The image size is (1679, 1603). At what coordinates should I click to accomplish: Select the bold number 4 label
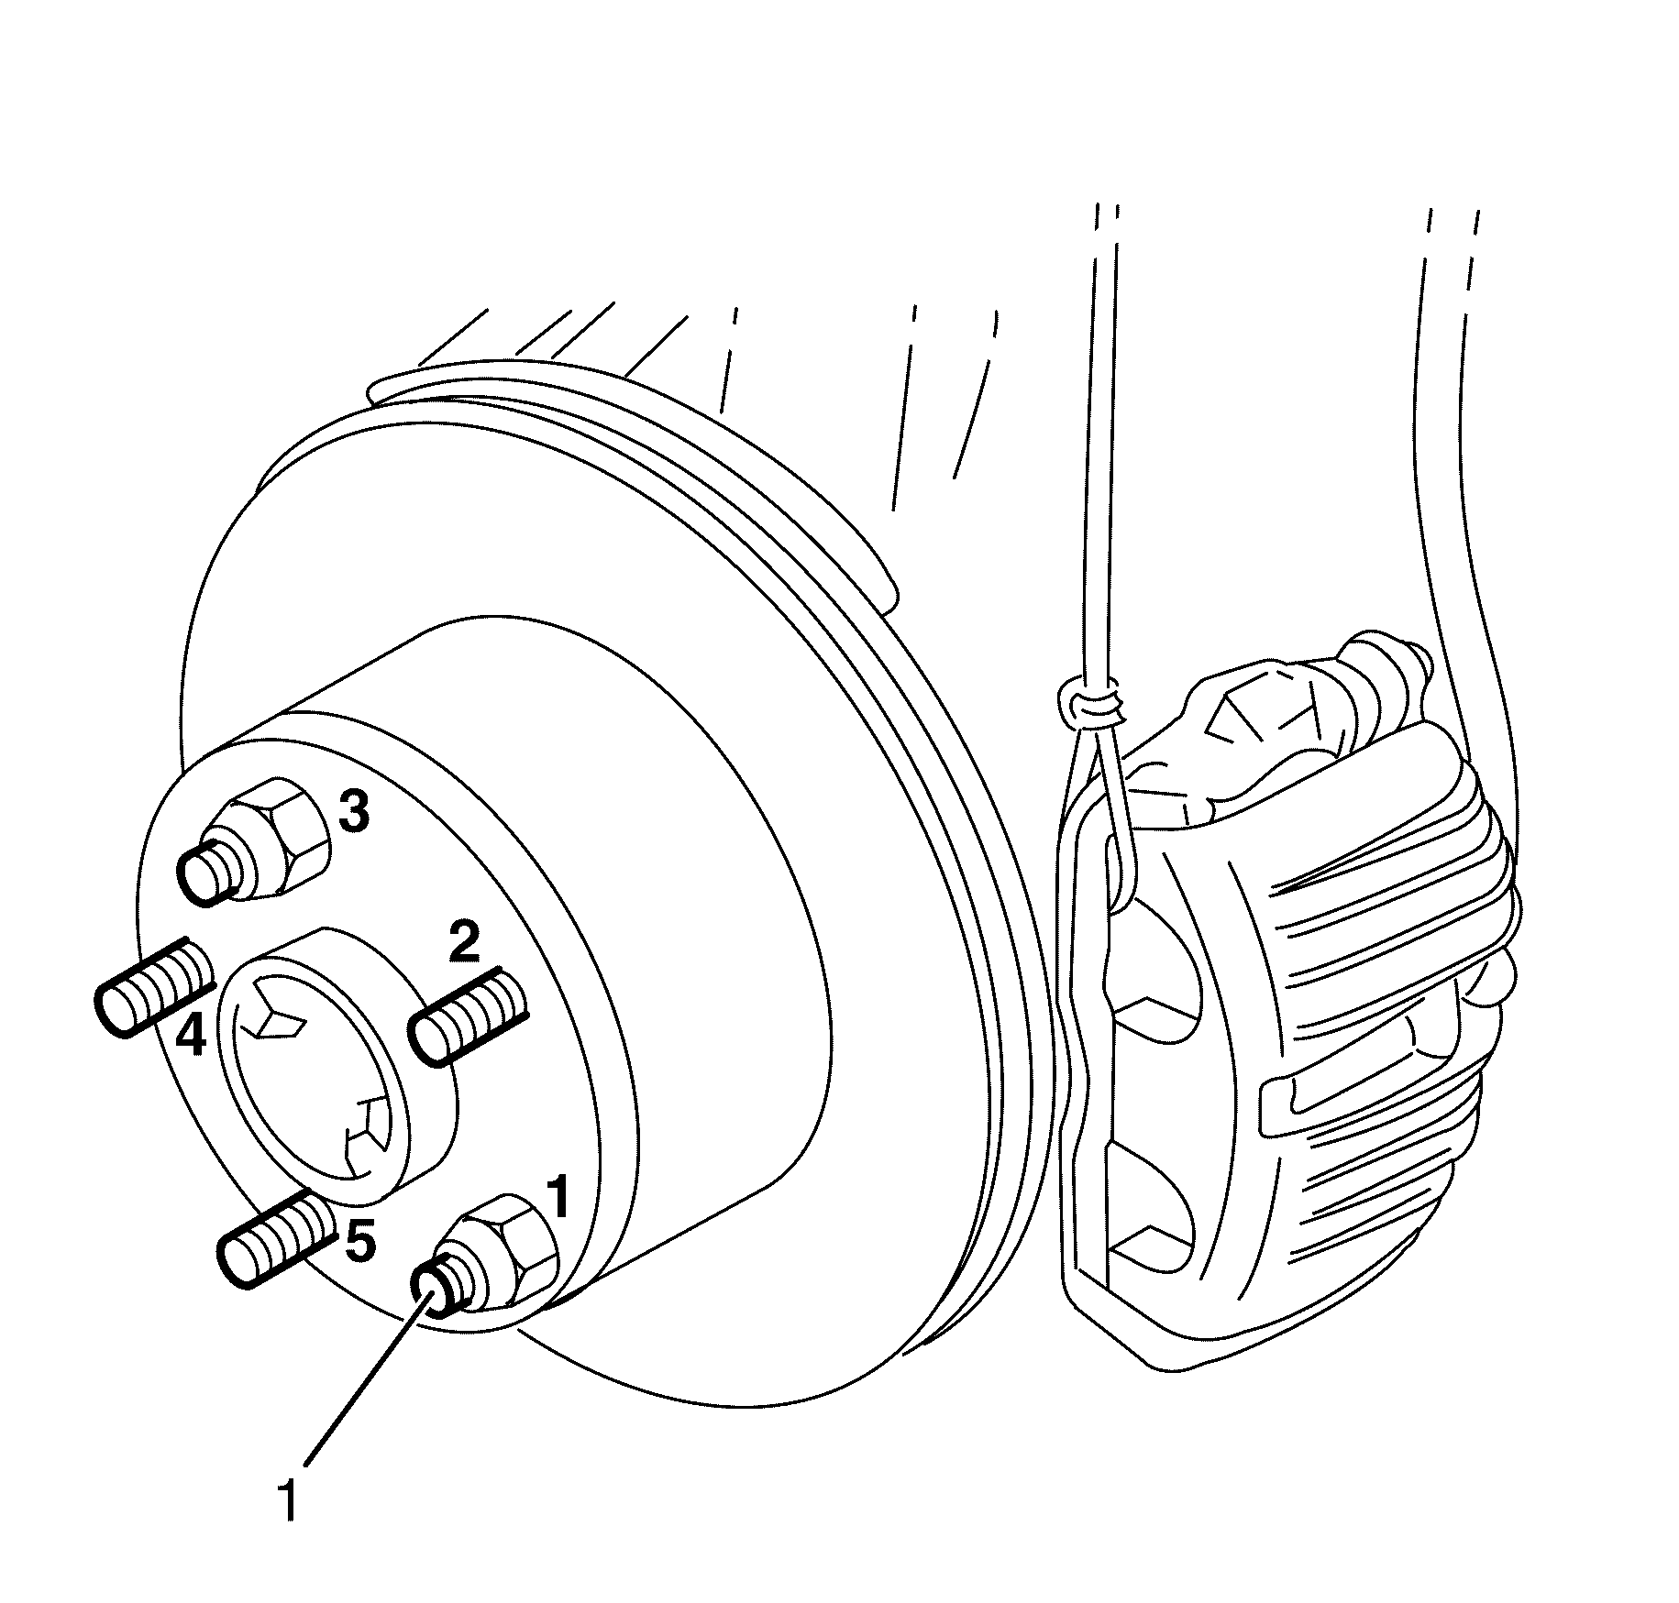tap(191, 1038)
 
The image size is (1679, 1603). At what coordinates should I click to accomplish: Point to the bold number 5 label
tap(359, 1243)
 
